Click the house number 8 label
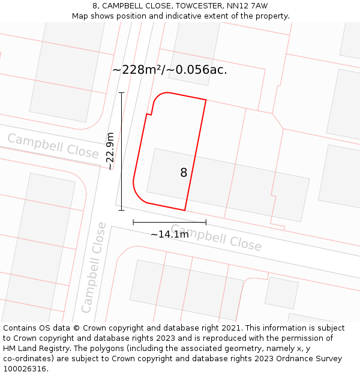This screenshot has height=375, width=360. coord(184,173)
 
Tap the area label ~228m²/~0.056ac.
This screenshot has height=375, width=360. coord(170,70)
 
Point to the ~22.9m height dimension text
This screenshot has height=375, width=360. coord(111,152)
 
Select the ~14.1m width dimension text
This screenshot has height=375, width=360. coord(170,235)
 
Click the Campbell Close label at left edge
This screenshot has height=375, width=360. coord(53,146)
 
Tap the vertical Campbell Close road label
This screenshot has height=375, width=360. coord(95,268)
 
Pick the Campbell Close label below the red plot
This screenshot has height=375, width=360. coord(216,238)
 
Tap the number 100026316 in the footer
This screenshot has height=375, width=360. coord(24,368)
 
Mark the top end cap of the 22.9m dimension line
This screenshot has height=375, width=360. coord(121,92)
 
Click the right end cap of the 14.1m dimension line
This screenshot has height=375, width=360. coord(206,222)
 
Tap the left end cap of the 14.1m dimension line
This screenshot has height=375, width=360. coord(133,222)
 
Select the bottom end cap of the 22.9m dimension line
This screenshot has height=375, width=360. coord(121,210)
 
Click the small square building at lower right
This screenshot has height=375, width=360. coord(281,292)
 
